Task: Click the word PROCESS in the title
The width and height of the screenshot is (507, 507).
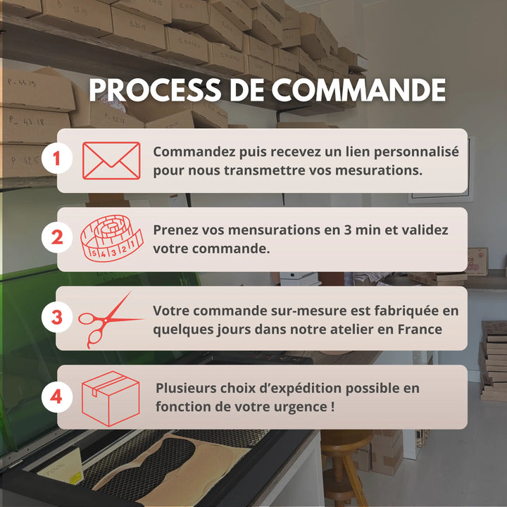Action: click(x=155, y=90)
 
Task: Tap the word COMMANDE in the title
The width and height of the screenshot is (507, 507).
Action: click(x=358, y=90)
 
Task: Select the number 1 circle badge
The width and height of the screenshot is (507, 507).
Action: click(x=57, y=158)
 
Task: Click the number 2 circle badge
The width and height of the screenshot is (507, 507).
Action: click(x=57, y=238)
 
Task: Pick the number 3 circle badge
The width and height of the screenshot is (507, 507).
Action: click(x=57, y=317)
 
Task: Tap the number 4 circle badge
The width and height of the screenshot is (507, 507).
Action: click(x=57, y=396)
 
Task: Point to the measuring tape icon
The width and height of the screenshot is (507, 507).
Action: click(x=111, y=238)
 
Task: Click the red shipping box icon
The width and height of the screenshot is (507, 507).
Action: click(x=111, y=399)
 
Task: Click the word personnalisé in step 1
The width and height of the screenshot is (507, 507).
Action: click(x=416, y=152)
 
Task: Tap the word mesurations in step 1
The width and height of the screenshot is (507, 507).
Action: click(x=378, y=170)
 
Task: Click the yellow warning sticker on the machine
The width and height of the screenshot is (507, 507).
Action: click(x=75, y=478)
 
